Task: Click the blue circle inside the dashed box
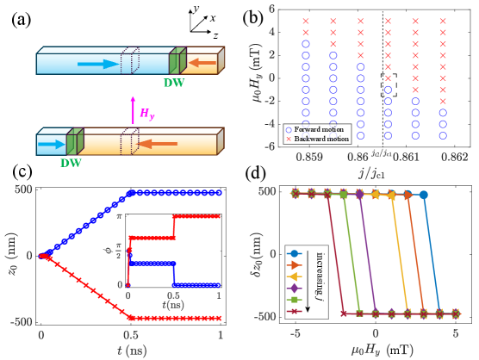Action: coord(388,90)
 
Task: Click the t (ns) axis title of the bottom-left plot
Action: coord(132,350)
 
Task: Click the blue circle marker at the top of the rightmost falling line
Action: coord(424,196)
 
